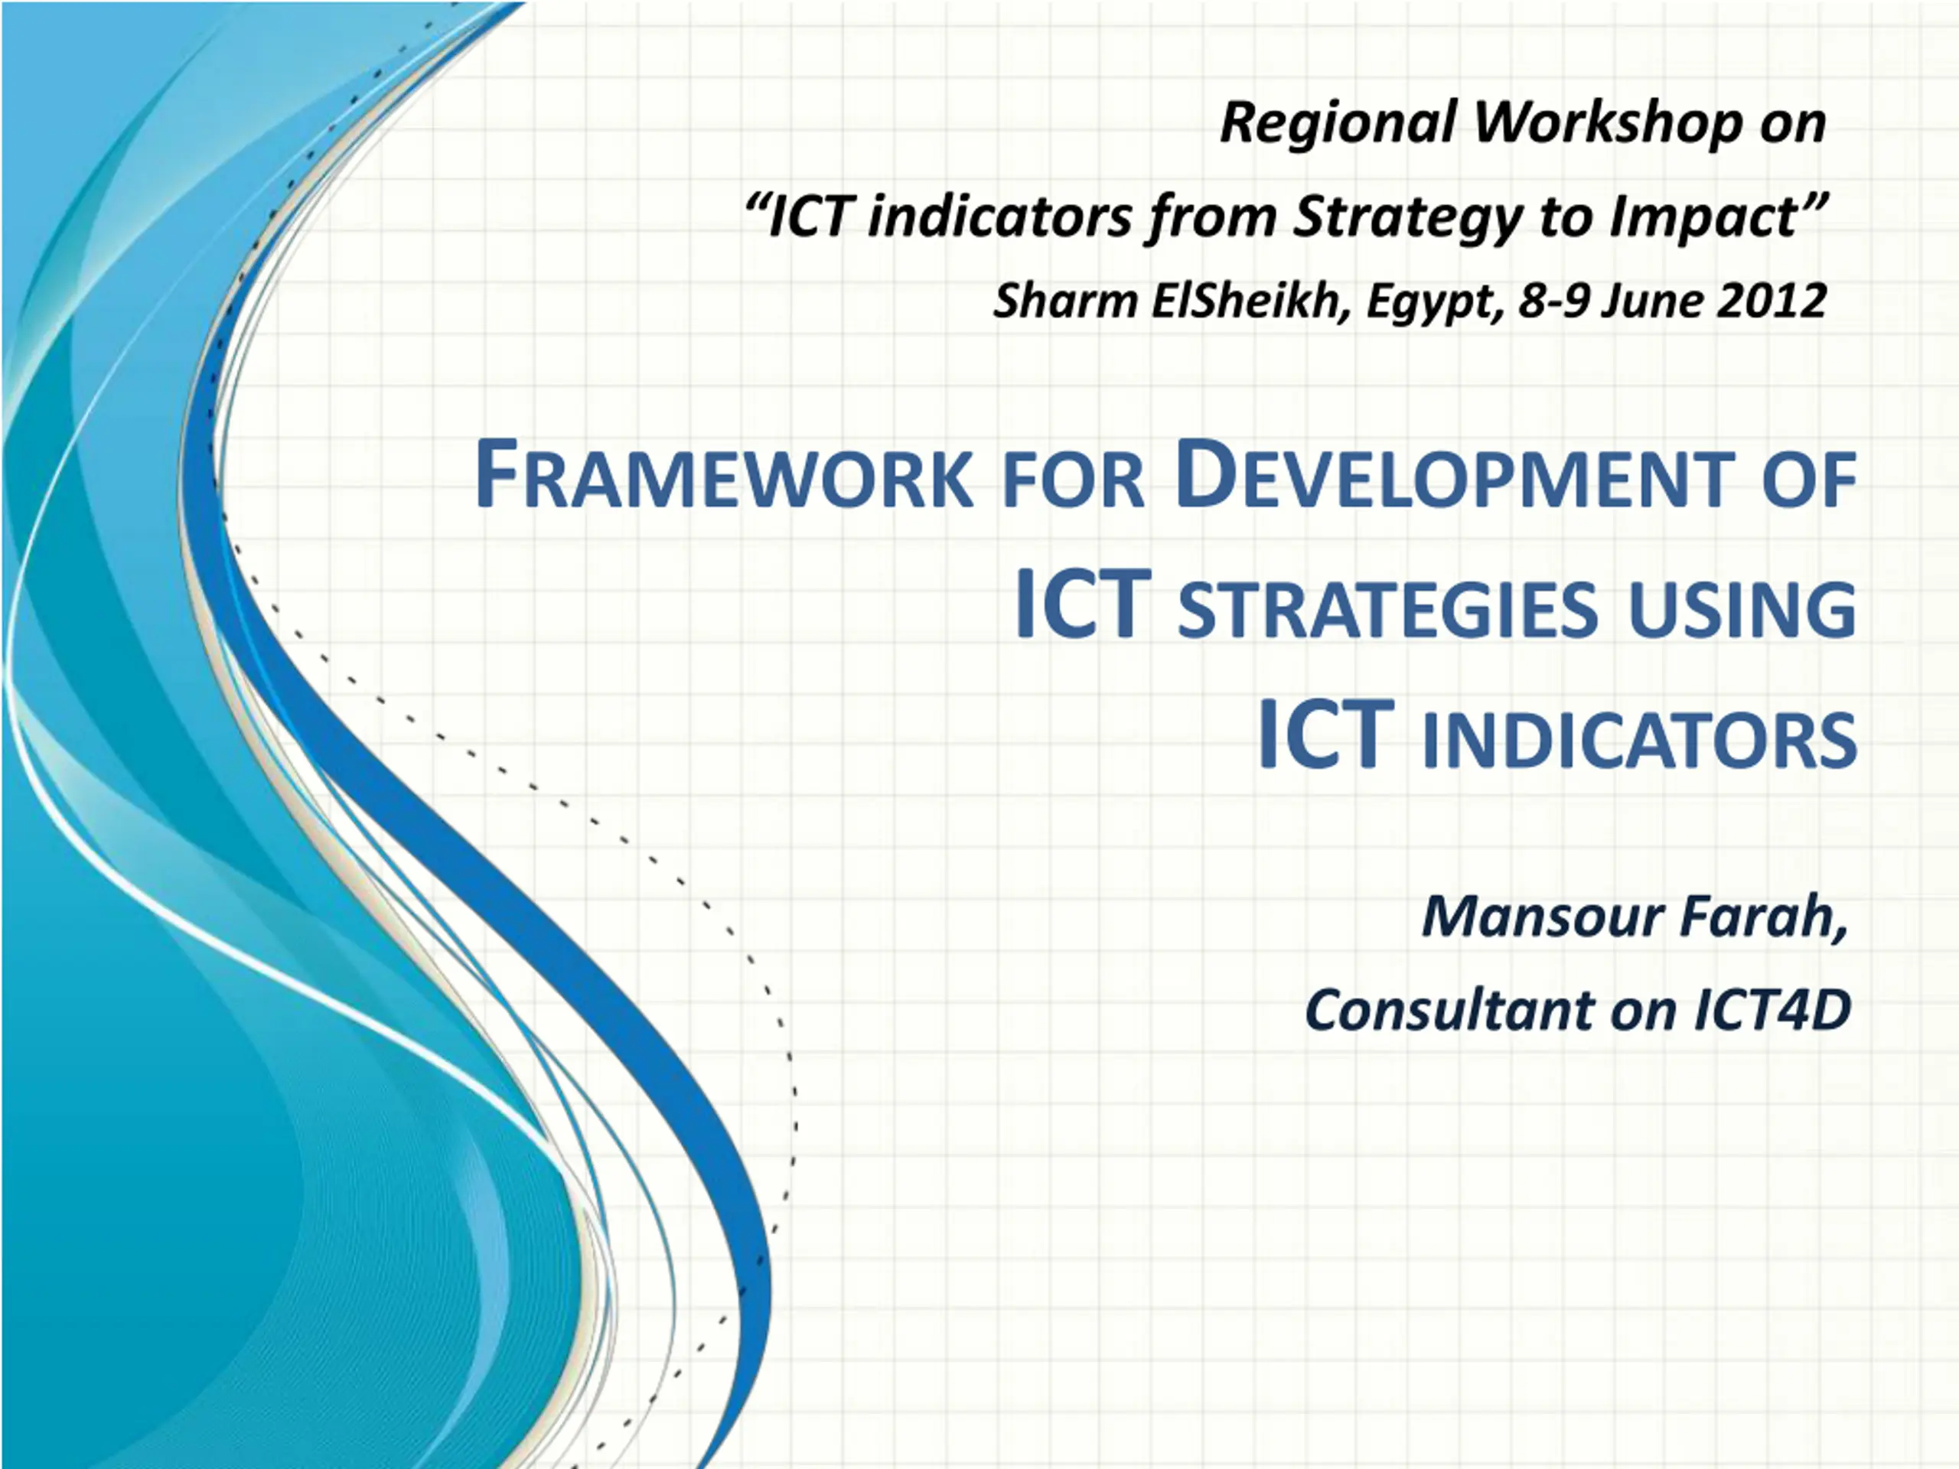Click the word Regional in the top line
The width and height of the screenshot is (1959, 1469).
(x=1338, y=124)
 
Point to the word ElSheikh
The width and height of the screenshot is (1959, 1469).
(x=1250, y=301)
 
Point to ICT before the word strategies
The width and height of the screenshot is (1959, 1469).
(x=1082, y=604)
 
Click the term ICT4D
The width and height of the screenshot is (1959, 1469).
(x=1772, y=1009)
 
